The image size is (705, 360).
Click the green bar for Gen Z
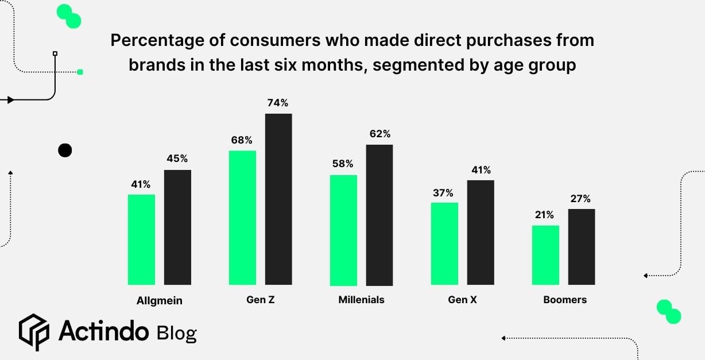242,218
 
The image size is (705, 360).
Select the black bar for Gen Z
278,199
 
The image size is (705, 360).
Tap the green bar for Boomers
545,255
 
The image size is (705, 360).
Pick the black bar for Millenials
379,215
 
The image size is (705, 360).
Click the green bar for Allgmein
141,239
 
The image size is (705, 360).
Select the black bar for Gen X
481,233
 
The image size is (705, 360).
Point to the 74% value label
278,103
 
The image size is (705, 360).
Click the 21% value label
545,215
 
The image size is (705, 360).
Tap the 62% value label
379,134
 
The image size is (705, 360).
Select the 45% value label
177,158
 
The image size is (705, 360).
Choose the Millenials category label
362,300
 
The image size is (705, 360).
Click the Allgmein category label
159,300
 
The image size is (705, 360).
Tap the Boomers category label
565,300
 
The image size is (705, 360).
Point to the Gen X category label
462,300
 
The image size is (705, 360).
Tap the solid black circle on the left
65,150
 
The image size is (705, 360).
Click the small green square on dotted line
80,72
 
